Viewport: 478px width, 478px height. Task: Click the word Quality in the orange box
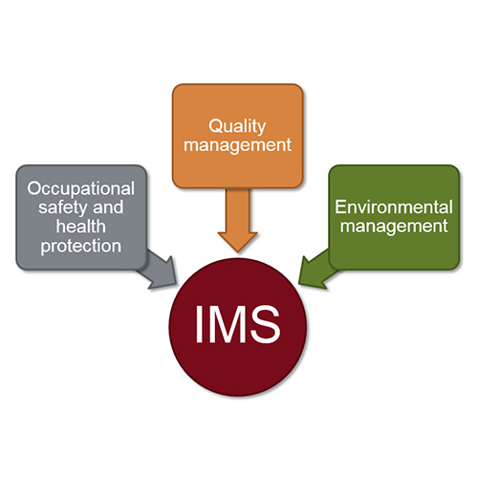pyautogui.click(x=237, y=126)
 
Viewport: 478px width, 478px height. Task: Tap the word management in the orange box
pyautogui.click(x=238, y=145)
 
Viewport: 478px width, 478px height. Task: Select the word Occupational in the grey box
pyautogui.click(x=81, y=189)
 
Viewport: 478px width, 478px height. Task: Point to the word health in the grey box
pyautogui.click(x=81, y=227)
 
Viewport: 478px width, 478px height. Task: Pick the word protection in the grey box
pyautogui.click(x=81, y=246)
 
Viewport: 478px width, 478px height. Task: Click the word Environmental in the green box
pyautogui.click(x=394, y=207)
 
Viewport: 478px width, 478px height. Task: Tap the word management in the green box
pyautogui.click(x=394, y=227)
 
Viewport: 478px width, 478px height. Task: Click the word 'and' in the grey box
pyautogui.click(x=108, y=207)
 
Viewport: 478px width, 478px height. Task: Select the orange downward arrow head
pyautogui.click(x=238, y=242)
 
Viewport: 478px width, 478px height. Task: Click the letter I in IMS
pyautogui.click(x=199, y=324)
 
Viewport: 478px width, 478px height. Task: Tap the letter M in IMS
pyautogui.click(x=228, y=324)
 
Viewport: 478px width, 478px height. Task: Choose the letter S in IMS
pyautogui.click(x=266, y=324)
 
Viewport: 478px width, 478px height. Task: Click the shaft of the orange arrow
pyautogui.click(x=238, y=210)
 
